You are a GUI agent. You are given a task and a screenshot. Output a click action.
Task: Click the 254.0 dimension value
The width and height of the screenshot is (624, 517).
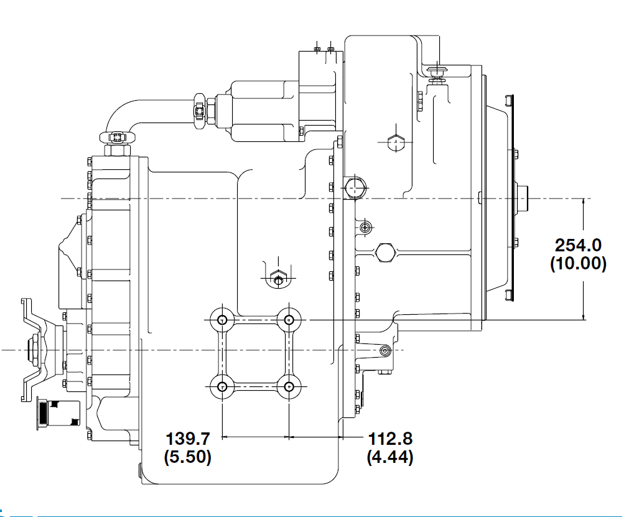(578, 245)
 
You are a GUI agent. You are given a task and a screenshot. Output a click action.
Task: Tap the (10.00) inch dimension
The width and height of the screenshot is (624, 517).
(578, 263)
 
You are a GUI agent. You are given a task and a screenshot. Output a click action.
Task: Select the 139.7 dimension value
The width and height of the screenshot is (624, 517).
(187, 439)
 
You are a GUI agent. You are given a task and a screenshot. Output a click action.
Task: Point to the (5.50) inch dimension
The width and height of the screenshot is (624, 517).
(187, 457)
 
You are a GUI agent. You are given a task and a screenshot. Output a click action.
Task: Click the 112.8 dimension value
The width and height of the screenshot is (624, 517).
(390, 439)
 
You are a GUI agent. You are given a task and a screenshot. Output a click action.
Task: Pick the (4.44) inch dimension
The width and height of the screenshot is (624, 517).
(390, 457)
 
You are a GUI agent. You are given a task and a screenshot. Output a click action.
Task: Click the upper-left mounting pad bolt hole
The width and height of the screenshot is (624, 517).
(222, 320)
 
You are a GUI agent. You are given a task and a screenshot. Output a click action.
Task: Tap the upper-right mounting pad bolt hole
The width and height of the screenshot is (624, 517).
(289, 320)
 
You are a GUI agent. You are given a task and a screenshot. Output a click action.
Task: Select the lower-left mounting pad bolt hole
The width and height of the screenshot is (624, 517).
(222, 386)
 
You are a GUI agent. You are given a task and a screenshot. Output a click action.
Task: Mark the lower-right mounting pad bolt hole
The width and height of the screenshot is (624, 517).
(289, 386)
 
